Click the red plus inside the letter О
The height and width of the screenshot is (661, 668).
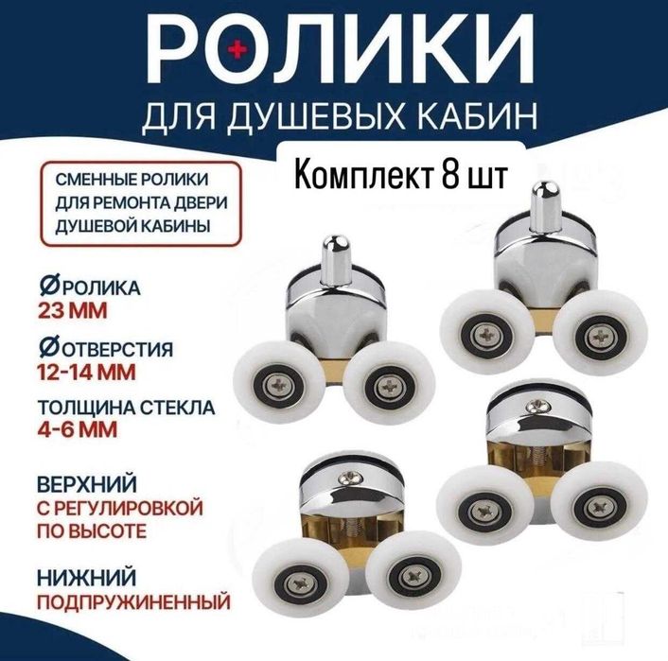point(237,50)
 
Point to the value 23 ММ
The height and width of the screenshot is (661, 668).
point(73,311)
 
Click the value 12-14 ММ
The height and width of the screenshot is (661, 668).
point(86,373)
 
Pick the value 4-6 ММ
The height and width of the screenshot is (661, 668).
point(77,429)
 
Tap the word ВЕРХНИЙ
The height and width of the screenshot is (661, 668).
point(87,484)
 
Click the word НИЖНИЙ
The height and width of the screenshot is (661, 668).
point(86,578)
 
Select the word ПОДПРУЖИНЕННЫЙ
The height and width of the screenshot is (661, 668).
point(133,602)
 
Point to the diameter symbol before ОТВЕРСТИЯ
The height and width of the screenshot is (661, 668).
point(48,348)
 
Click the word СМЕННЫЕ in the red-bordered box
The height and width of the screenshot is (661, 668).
point(90,180)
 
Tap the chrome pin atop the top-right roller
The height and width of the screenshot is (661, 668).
point(545,206)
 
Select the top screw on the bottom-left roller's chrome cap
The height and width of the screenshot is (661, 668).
point(347,478)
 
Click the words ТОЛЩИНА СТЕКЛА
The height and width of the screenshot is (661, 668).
point(127,408)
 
